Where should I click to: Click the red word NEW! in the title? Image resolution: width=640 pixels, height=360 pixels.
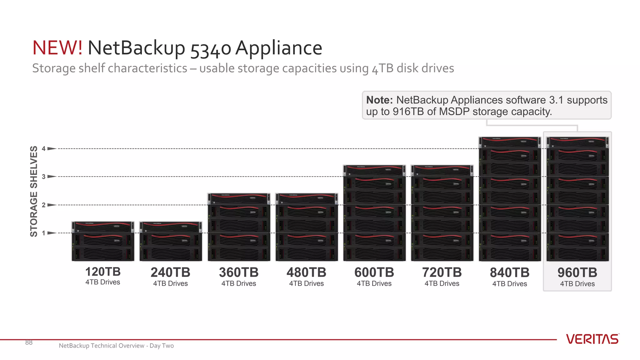pos(57,48)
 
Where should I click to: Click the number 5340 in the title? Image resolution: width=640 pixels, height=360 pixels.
pos(211,49)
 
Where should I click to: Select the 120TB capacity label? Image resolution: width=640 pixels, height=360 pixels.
pos(103,272)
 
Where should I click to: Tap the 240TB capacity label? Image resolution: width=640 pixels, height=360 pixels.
pos(170,272)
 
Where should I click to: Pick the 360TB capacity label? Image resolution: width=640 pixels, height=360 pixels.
pos(239,272)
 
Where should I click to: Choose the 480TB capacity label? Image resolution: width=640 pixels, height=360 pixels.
pos(306,272)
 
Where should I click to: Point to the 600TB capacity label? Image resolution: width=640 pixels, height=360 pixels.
pos(374,272)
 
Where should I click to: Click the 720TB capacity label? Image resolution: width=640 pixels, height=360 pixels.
pos(442,272)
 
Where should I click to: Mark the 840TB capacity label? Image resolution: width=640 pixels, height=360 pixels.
pos(510,272)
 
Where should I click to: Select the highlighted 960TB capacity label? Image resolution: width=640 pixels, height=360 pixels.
pos(577,273)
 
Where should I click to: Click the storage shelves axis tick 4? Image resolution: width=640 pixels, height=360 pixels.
pos(44,149)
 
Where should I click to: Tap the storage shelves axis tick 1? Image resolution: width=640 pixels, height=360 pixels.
pos(44,233)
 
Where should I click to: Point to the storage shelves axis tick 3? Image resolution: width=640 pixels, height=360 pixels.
pos(44,177)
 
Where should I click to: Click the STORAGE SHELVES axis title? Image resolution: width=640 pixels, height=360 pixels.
pos(34,191)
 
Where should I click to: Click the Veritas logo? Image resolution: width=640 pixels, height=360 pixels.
pos(592,339)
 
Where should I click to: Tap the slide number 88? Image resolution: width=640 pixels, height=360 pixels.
pos(29,342)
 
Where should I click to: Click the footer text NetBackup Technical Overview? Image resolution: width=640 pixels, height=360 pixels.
pos(102,346)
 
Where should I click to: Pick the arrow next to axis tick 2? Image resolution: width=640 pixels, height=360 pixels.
pos(52,205)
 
